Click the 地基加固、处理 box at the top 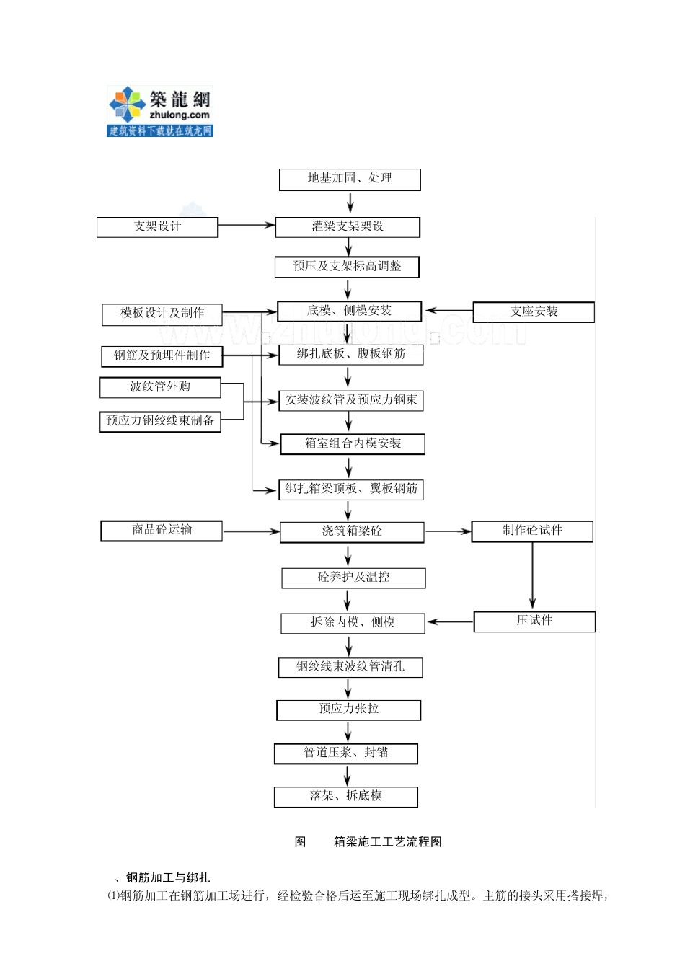click(350, 179)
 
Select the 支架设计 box click(157, 227)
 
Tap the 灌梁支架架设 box click(348, 227)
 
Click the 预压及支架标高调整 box click(347, 267)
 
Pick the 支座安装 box click(534, 312)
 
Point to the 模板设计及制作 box click(162, 314)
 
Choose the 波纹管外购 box click(160, 387)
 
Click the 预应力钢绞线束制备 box click(160, 421)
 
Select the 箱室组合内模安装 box click(352, 444)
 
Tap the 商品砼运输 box click(162, 531)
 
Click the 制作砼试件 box click(532, 531)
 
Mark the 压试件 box click(534, 621)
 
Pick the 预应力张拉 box click(348, 709)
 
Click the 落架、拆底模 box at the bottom click(346, 797)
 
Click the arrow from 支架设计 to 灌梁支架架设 click(246, 226)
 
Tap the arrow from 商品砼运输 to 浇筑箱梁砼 click(250, 532)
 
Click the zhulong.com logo click(160, 111)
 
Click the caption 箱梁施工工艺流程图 click(387, 842)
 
